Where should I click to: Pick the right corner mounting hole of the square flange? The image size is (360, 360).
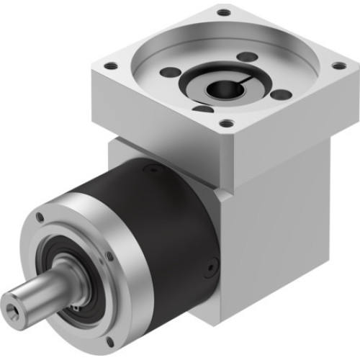coord(337,66)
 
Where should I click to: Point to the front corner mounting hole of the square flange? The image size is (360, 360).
coord(228,123)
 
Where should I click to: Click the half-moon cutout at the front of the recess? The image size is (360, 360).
coord(204,109)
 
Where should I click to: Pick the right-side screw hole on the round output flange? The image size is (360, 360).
coord(109,254)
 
